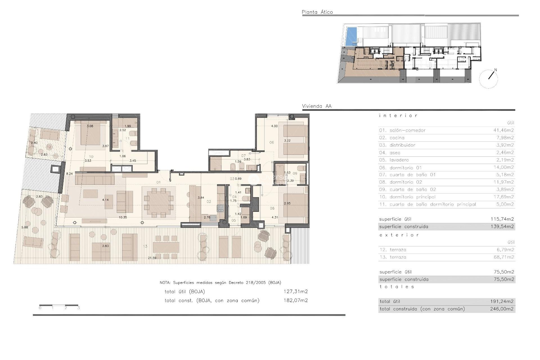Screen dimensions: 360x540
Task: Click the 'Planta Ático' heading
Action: tap(317, 12)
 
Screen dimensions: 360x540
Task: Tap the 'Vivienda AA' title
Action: tap(316, 106)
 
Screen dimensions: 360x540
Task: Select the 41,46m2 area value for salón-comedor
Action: tap(503, 130)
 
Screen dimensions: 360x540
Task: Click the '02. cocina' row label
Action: tap(391, 138)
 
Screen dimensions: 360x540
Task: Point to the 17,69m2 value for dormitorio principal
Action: tap(503, 197)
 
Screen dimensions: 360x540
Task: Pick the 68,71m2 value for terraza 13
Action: tap(503, 257)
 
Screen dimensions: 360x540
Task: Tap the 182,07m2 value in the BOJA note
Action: tap(295, 300)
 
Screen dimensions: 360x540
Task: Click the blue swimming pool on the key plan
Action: tap(350, 37)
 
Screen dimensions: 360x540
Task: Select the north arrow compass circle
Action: tap(489, 79)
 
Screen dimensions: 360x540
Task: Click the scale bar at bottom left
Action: tap(58, 305)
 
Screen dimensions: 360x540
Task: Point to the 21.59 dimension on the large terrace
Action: tap(152, 258)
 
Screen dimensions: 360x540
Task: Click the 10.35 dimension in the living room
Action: tap(123, 217)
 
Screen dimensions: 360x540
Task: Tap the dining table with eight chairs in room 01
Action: tap(159, 202)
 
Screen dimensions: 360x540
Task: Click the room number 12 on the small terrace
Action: tap(49, 147)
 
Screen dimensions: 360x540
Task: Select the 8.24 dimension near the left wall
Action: tap(69, 174)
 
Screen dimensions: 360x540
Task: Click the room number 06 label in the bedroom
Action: tap(271, 142)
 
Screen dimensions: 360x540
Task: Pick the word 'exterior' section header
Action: tap(399, 235)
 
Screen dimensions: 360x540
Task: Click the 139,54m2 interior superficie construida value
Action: tap(502, 226)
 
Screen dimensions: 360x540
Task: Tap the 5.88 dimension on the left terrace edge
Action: tap(25, 227)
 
